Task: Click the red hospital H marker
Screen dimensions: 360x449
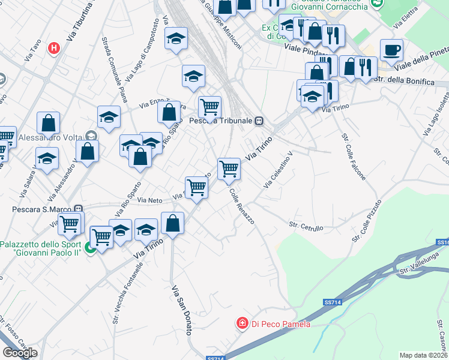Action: (55, 47)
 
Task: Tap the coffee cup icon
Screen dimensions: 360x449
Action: (391, 50)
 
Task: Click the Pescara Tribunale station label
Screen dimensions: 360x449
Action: (220, 121)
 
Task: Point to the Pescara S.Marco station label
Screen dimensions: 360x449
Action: (43, 209)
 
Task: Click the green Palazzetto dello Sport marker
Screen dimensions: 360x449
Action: (91, 247)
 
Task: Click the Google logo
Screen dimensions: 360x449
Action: (20, 353)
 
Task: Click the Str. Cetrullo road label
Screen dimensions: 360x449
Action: (306, 226)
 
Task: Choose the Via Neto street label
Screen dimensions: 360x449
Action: (149, 199)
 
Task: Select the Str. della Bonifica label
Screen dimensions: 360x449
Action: (403, 80)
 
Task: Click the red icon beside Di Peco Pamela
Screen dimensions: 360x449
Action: (243, 324)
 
